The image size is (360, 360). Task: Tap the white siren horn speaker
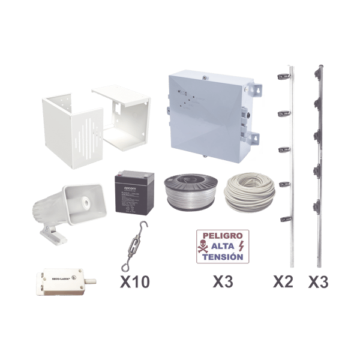click(68, 201)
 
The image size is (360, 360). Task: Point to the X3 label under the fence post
click(318, 281)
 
